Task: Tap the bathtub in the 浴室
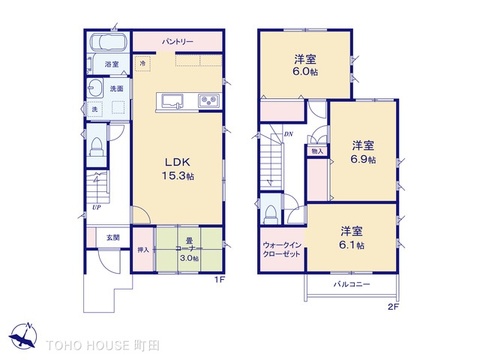105,44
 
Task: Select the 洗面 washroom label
117,89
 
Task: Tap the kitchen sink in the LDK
170,100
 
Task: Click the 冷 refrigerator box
143,63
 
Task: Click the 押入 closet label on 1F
143,249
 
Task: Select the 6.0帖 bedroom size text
305,73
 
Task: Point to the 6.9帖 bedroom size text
362,159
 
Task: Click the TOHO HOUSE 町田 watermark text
98,343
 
